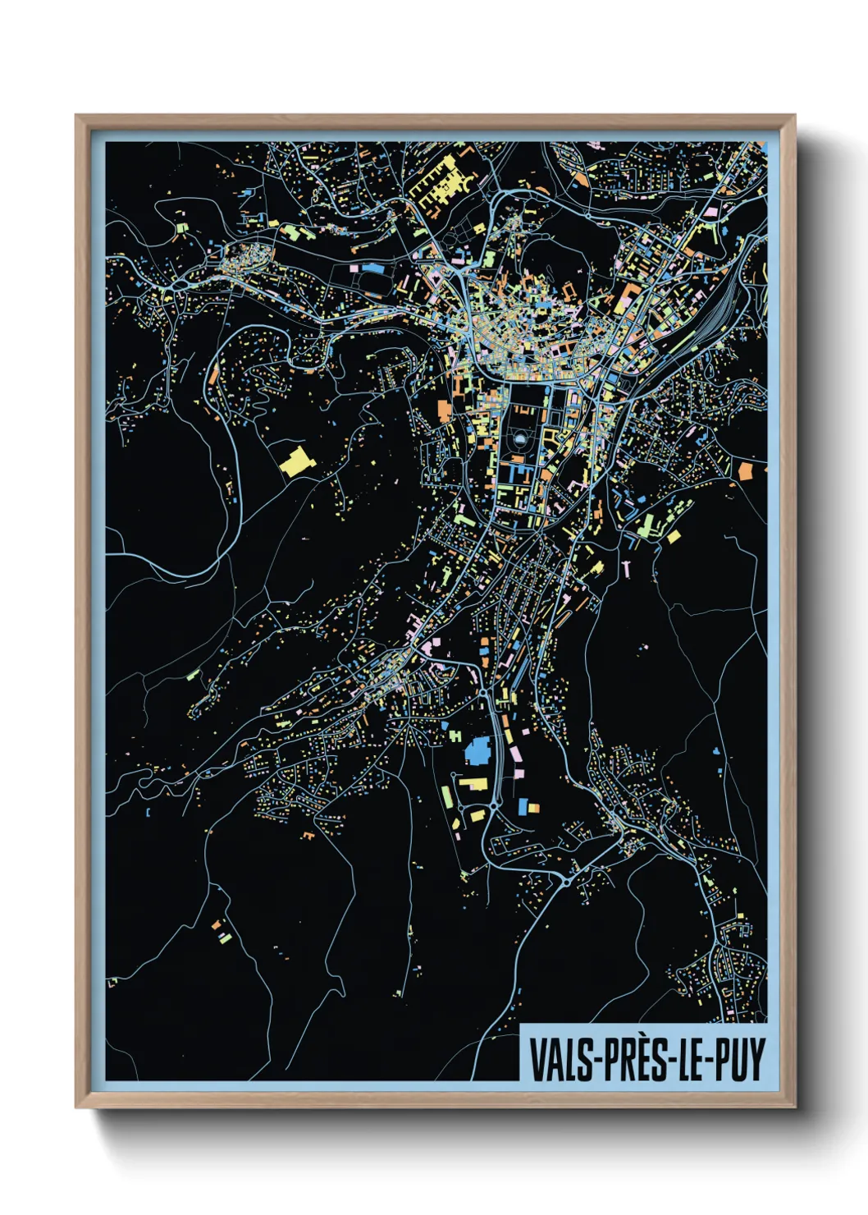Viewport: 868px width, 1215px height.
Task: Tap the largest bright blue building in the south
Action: click(x=477, y=750)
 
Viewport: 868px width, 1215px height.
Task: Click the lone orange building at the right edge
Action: click(x=745, y=470)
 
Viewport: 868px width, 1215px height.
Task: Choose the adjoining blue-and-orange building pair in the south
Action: click(x=528, y=806)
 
